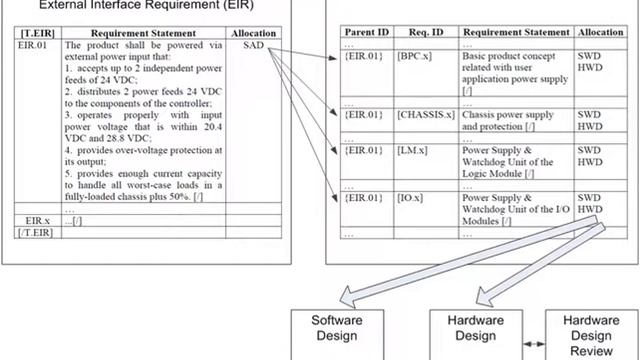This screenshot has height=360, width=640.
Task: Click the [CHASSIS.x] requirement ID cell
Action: pos(425,115)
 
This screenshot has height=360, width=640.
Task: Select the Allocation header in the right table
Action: pos(602,33)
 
